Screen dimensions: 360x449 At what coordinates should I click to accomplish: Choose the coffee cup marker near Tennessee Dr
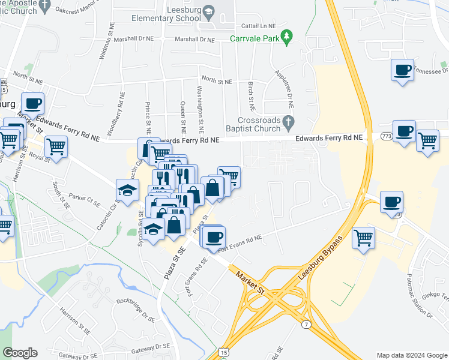point(402,70)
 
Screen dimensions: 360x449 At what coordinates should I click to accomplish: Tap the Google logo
point(20,353)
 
